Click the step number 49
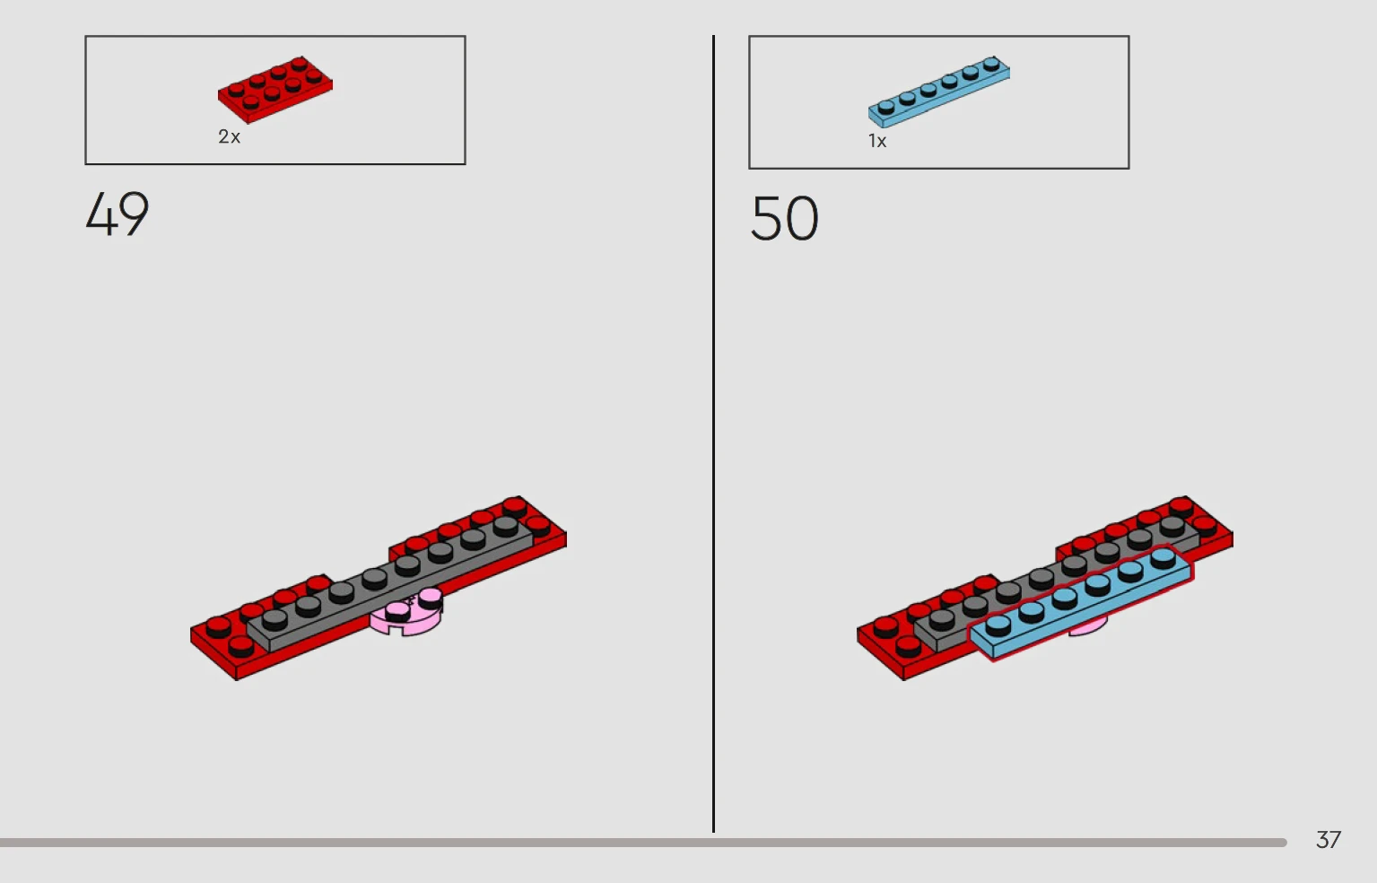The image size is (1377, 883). tap(117, 214)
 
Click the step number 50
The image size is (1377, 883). tap(784, 218)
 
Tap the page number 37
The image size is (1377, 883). tap(1329, 839)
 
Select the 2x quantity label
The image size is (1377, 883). tap(229, 136)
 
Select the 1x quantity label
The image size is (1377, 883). tap(877, 141)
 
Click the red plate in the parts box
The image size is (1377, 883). tap(275, 90)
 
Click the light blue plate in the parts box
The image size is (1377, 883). tap(938, 92)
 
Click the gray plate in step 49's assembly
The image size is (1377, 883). tap(391, 584)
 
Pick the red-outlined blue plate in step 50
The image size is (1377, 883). tap(1080, 603)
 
